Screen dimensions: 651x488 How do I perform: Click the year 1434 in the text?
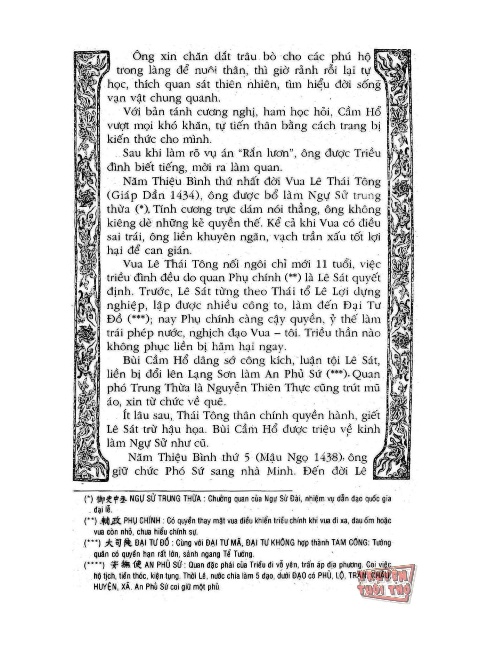[x=185, y=196]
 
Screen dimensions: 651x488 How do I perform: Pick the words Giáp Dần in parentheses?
[x=137, y=196]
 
